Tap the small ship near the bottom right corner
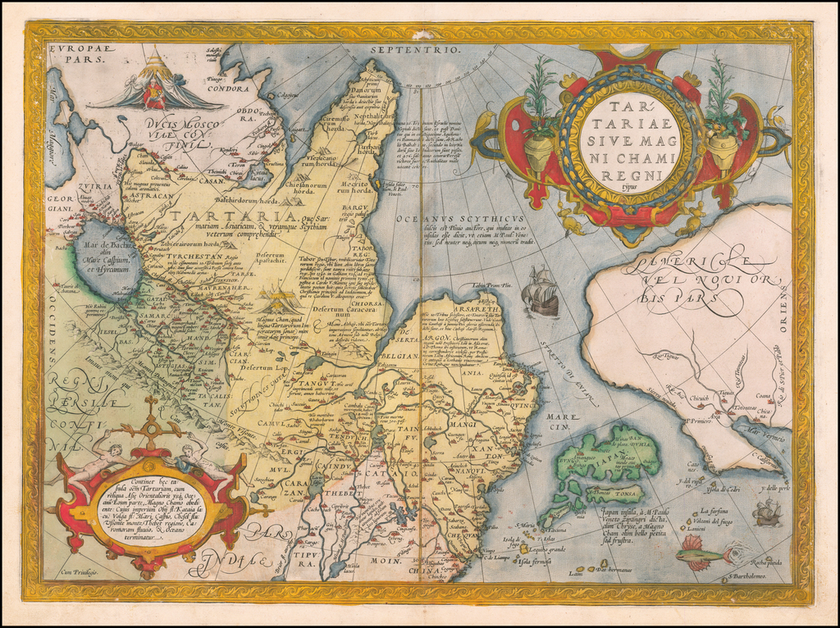766,513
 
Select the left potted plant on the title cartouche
537,115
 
